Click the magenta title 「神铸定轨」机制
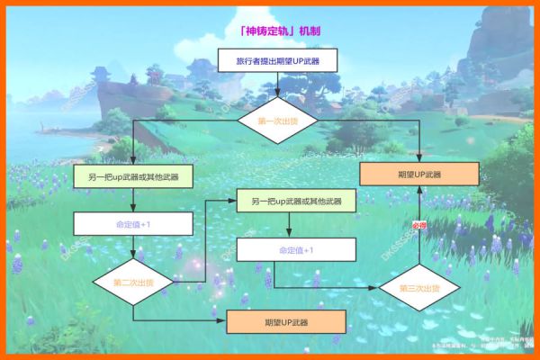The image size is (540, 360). coord(280,31)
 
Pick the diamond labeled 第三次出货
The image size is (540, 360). coord(419,288)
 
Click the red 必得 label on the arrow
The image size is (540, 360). coord(419,225)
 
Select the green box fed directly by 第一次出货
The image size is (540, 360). coord(132,176)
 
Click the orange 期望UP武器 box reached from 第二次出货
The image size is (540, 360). coord(286,321)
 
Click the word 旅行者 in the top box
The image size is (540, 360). coord(249,62)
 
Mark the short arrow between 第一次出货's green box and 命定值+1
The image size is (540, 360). coord(132,200)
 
